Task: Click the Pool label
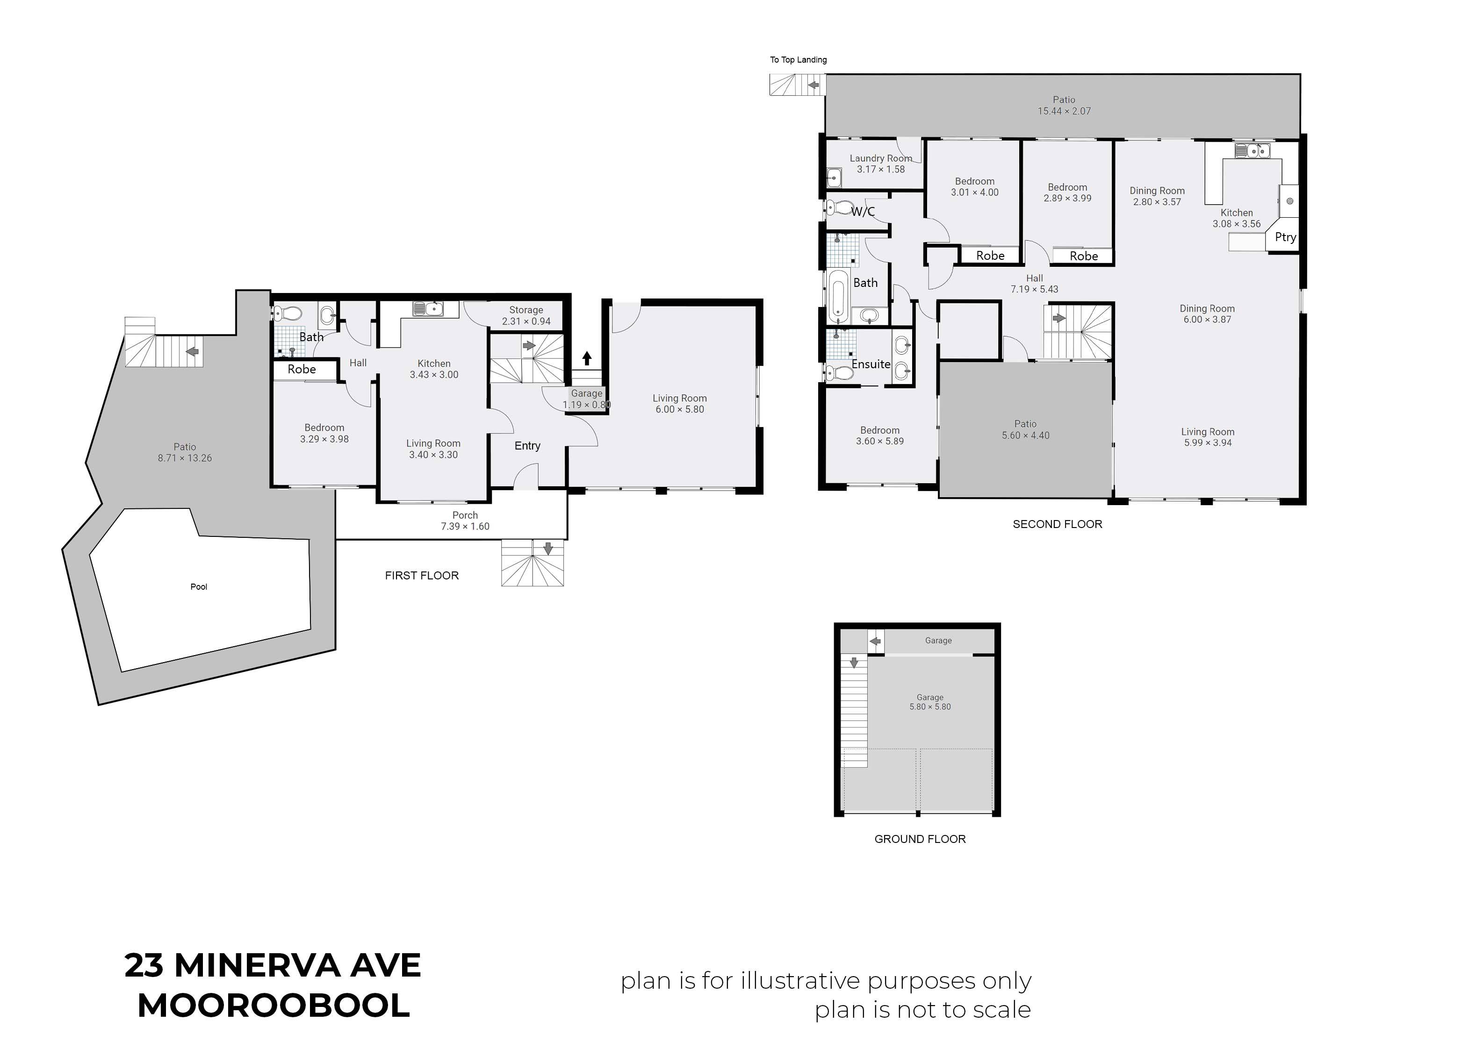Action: click(198, 586)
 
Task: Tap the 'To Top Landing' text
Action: click(798, 60)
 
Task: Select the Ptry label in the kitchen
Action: click(1285, 237)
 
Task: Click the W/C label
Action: click(863, 211)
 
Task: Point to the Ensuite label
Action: click(871, 364)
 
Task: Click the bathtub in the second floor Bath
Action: click(837, 297)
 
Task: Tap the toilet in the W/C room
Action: click(839, 208)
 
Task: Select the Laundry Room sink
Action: click(833, 177)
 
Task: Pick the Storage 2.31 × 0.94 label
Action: click(526, 316)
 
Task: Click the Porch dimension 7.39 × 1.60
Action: click(465, 527)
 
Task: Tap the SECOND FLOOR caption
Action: click(1057, 524)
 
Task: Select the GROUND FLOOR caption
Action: click(920, 839)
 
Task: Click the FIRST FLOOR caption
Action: click(422, 576)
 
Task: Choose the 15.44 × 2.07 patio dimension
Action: click(1064, 111)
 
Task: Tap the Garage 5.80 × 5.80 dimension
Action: click(930, 707)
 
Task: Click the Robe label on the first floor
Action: click(302, 369)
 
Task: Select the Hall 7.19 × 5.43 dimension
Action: click(1034, 289)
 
